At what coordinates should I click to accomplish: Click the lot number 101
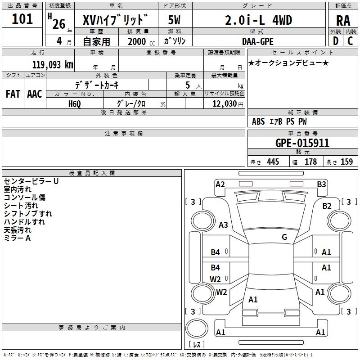coord(22,19)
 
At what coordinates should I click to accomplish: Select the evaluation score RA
coord(343,20)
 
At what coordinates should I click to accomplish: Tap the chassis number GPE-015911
coord(302,143)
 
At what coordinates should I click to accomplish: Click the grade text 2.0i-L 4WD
coord(258,20)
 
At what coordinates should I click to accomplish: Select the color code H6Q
coord(75,103)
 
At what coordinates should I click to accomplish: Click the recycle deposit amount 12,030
coord(224,103)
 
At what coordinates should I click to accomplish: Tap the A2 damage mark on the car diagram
coord(220,184)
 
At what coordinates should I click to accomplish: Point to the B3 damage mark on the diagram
coord(321,184)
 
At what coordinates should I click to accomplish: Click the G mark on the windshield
coord(284,237)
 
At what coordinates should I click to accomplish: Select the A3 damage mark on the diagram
coord(223,225)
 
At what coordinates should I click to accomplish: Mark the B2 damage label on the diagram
coord(327,206)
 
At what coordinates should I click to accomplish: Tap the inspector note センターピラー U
coord(31,181)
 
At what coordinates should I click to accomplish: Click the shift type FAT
coord(13,94)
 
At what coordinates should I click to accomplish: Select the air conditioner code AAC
coord(35,94)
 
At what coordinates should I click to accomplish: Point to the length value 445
coord(273,162)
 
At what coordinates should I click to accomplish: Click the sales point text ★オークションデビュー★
coord(288,63)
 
